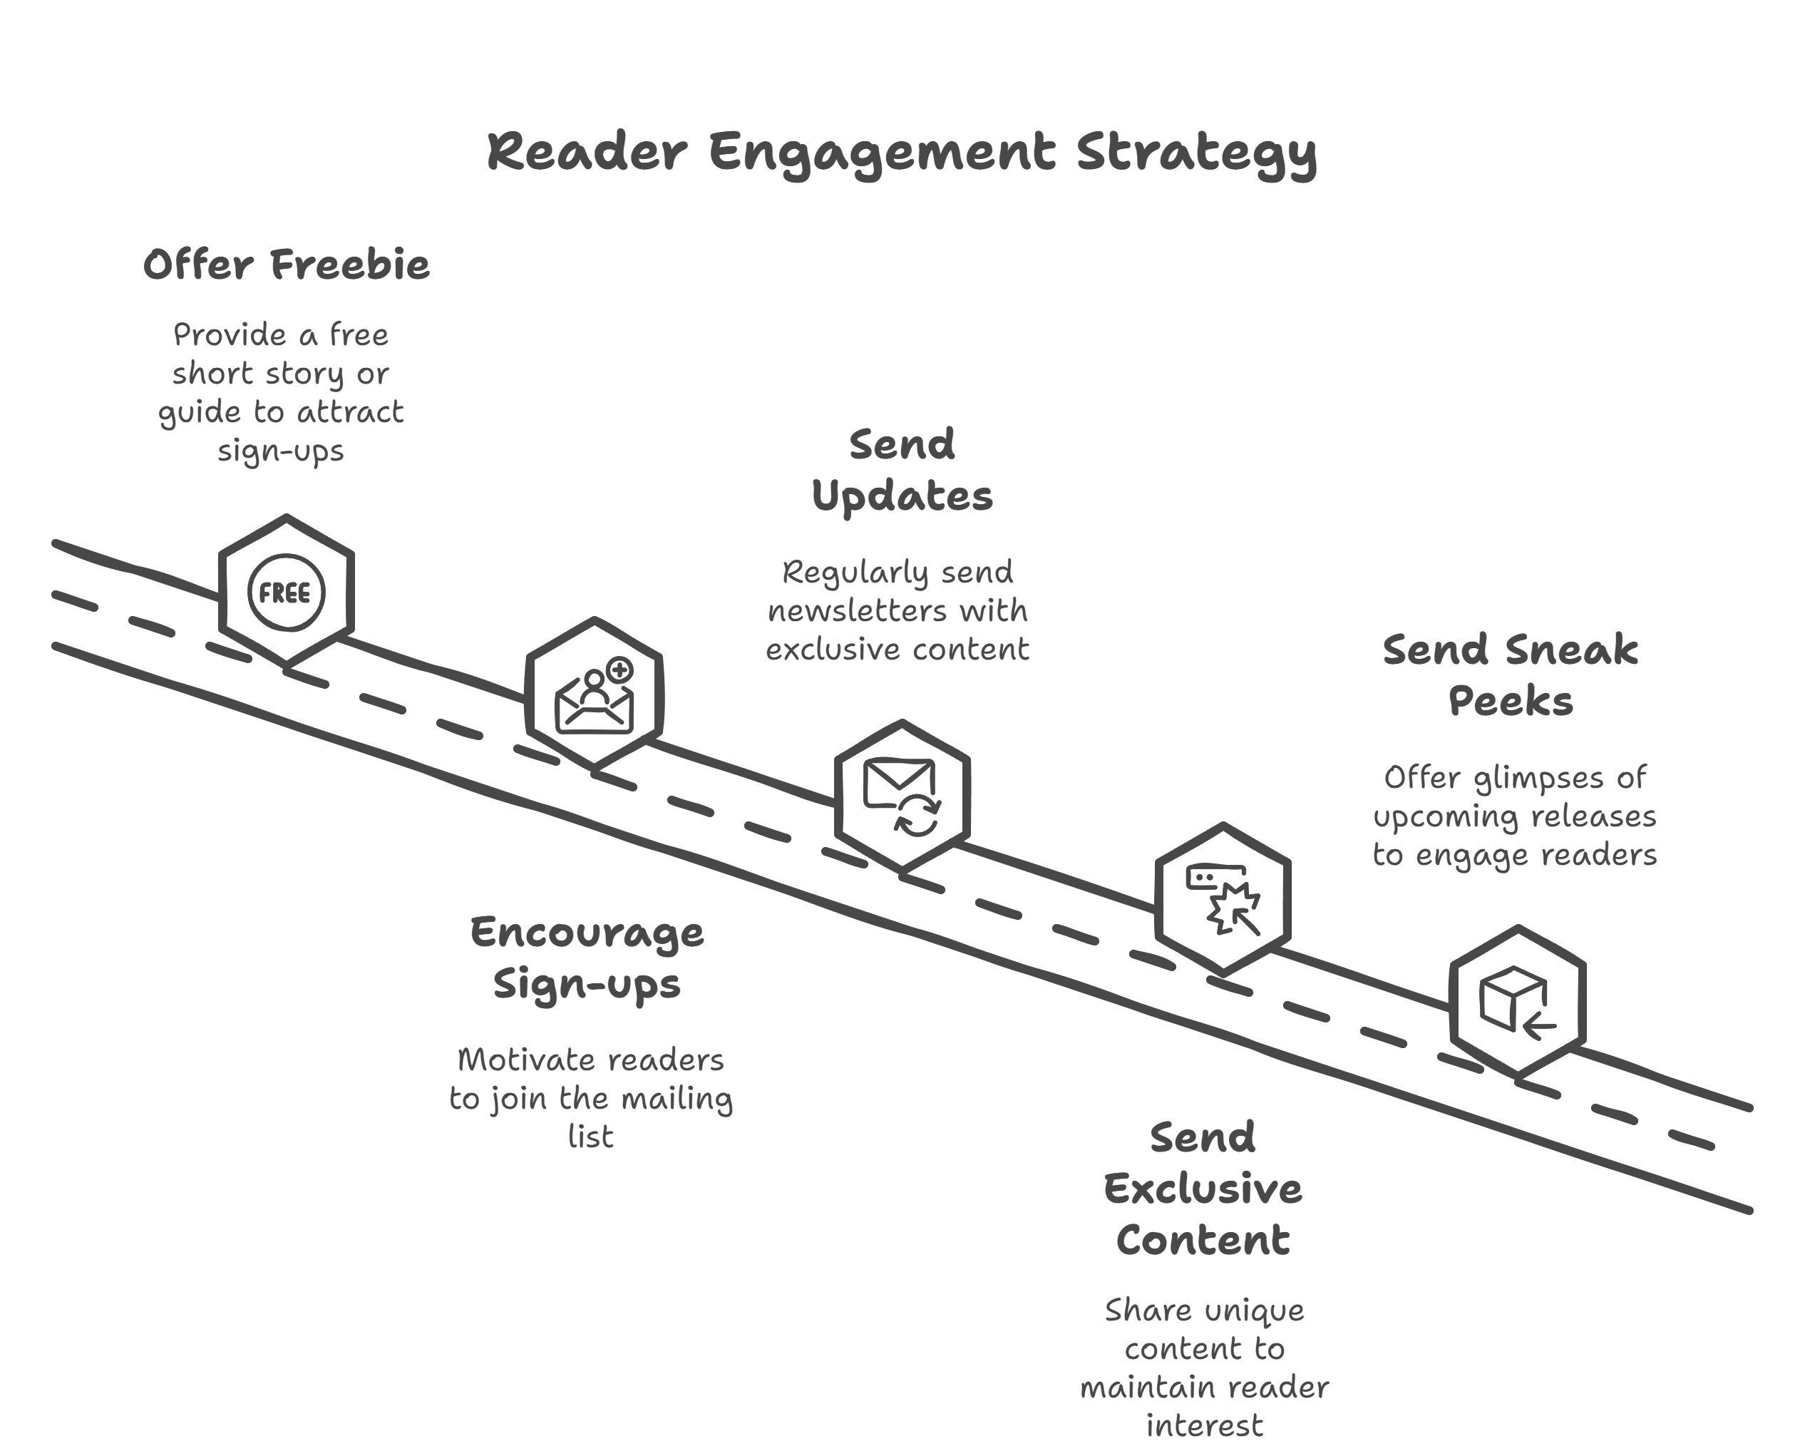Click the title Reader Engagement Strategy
902,153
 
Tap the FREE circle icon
285,592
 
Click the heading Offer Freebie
285,265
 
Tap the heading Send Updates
902,470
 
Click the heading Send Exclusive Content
1203,1188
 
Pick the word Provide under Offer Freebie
230,335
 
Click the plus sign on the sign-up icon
619,670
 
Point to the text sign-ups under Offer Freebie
280,451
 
